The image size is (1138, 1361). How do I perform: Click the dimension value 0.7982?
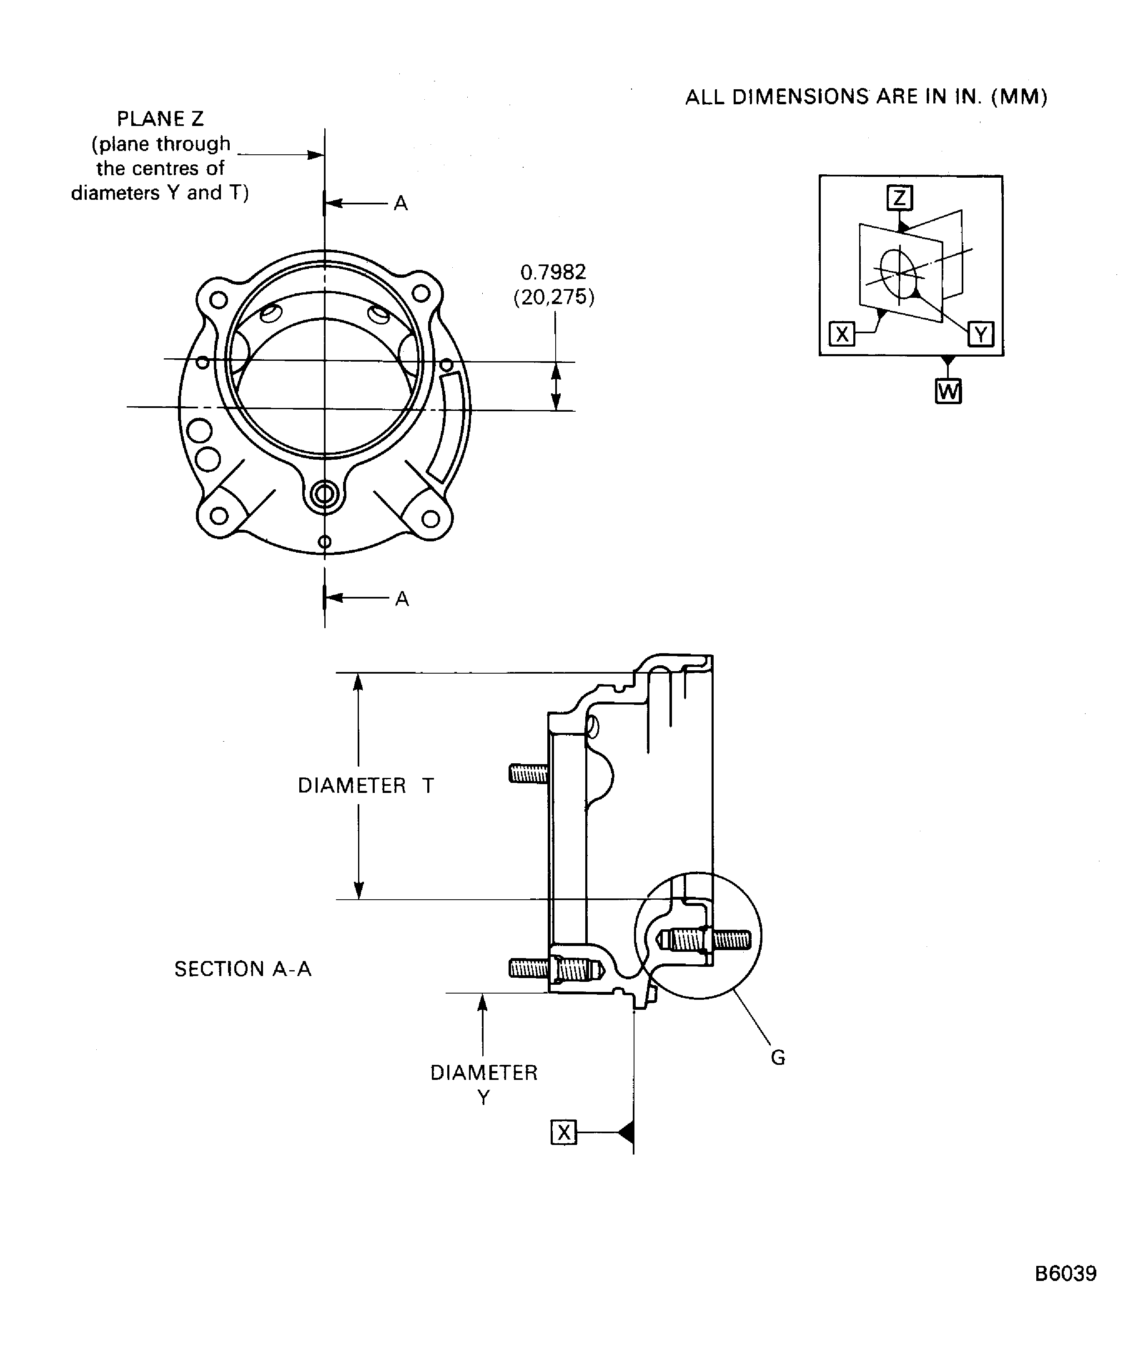(553, 272)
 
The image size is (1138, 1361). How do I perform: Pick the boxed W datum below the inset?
(948, 392)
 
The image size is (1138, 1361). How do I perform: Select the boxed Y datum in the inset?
(980, 335)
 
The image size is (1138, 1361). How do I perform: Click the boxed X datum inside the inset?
(842, 335)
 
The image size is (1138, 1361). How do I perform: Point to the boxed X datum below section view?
(564, 1133)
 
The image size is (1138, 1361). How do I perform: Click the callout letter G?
(778, 1058)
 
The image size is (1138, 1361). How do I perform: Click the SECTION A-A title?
(243, 969)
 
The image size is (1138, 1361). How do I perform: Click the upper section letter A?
(401, 204)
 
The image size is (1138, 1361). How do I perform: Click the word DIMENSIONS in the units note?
(800, 97)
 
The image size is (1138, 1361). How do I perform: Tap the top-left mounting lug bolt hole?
(219, 300)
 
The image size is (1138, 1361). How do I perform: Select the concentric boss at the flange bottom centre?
(324, 495)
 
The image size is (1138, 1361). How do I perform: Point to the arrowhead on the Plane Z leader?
(316, 155)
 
